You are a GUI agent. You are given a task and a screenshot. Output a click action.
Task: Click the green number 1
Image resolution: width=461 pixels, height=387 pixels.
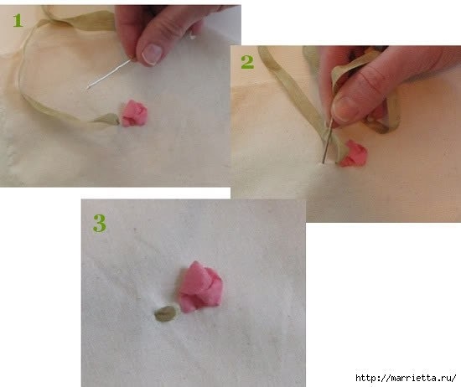click(x=18, y=21)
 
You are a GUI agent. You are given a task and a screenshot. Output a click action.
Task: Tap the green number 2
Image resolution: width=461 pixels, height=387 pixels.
click(x=247, y=62)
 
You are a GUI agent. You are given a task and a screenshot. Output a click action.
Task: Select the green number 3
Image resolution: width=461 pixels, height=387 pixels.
click(x=100, y=224)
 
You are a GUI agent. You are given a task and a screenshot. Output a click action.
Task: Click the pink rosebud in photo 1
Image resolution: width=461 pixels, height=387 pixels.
click(x=134, y=113)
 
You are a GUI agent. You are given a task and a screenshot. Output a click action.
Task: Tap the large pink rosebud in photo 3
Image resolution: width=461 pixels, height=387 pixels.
click(x=200, y=286)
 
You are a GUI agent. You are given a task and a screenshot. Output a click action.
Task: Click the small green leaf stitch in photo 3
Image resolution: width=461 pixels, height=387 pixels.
click(x=165, y=314)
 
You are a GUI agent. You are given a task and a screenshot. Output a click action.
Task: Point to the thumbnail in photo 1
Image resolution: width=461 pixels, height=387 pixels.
click(x=152, y=54)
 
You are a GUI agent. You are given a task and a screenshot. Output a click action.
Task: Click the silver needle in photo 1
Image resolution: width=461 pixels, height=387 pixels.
click(x=109, y=74)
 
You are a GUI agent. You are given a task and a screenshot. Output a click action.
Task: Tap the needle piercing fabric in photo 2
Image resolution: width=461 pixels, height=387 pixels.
click(x=327, y=141)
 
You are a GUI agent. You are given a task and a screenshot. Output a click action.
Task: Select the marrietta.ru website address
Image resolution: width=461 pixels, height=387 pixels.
click(x=406, y=378)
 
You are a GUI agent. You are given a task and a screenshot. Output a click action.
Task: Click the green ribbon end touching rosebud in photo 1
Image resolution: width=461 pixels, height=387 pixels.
click(x=106, y=120)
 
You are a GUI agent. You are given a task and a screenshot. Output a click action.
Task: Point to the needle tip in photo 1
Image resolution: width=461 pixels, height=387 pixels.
click(x=88, y=88)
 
